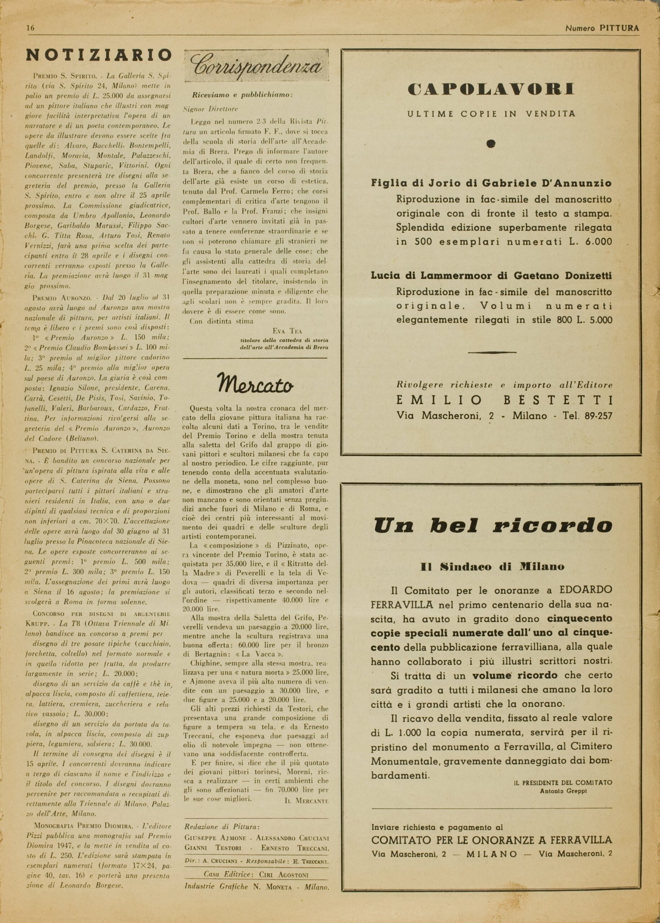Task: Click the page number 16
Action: click(30, 28)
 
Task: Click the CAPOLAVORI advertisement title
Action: click(491, 89)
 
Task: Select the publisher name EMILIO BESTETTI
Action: click(504, 401)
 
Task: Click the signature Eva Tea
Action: click(290, 331)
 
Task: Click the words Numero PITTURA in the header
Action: click(602, 28)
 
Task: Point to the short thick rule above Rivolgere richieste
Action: click(492, 352)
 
